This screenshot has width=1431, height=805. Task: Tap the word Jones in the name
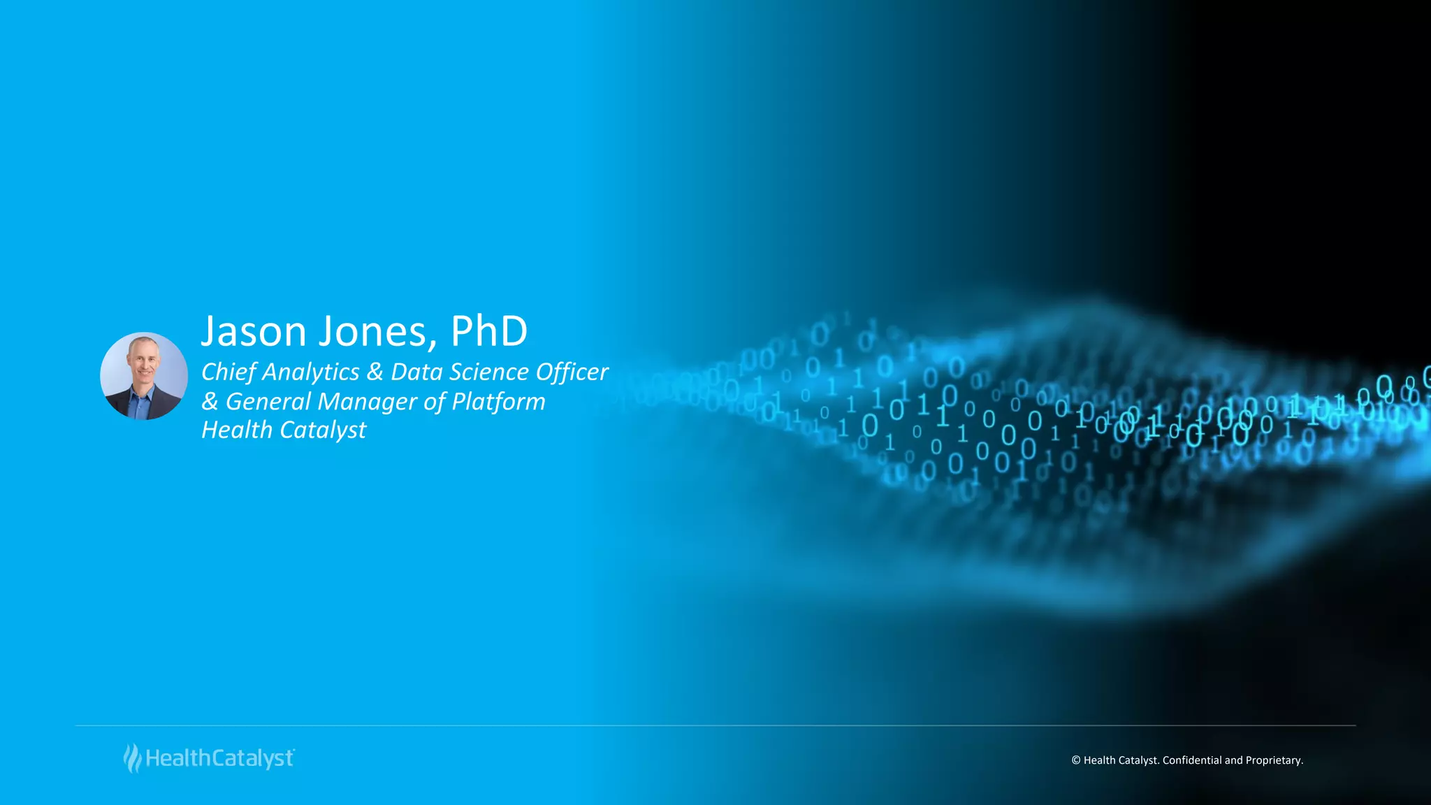tap(372, 331)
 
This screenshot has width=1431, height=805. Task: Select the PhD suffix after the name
tap(489, 331)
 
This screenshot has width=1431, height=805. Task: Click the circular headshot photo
tap(144, 376)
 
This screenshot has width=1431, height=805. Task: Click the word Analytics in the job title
tap(315, 372)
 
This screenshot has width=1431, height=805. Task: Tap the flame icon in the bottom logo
tap(132, 758)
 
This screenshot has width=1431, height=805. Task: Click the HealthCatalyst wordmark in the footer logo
tap(220, 758)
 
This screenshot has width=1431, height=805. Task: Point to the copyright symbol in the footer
tap(1076, 760)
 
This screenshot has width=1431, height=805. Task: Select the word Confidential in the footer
tap(1192, 760)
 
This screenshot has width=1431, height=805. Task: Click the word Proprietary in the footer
tap(1274, 760)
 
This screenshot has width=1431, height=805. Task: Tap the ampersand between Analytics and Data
tap(375, 372)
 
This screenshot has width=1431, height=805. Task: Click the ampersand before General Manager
tap(210, 402)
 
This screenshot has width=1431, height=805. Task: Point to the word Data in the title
tap(417, 372)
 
